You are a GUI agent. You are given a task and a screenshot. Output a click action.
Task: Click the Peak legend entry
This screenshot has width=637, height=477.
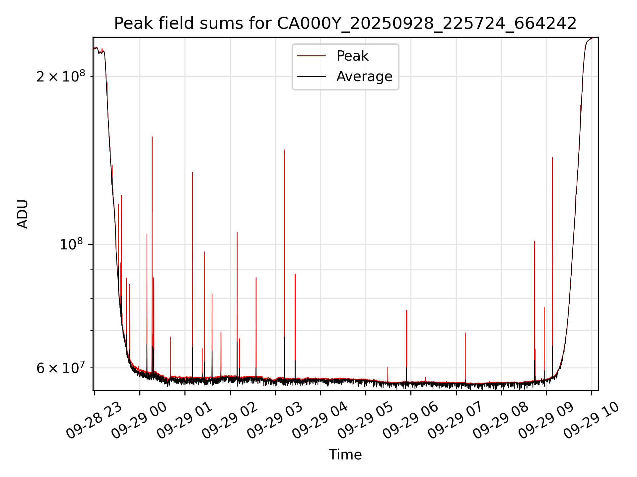352,56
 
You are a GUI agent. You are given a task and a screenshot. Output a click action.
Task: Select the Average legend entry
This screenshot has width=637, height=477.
364,77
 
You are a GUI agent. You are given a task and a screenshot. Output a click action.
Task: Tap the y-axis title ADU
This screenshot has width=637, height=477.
23,214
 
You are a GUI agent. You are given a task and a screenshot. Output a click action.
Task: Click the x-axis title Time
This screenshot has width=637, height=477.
345,454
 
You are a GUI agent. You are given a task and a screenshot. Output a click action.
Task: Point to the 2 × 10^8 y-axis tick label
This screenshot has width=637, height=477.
61,77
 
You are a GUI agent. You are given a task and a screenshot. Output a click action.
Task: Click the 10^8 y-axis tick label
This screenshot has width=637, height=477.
71,244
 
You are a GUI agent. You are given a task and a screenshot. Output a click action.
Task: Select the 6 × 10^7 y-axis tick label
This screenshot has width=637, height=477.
61,368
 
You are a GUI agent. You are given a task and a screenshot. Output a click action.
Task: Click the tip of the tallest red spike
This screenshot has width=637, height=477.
152,137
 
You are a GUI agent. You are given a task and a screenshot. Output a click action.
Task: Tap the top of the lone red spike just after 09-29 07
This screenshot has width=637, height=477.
465,333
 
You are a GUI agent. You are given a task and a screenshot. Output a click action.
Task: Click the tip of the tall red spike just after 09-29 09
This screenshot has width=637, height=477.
552,158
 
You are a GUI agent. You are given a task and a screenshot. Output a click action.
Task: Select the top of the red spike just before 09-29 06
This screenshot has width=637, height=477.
406,310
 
